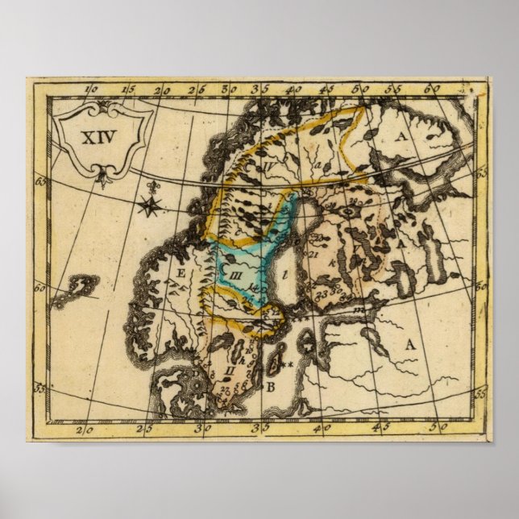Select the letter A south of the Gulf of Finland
pyautogui.click(x=409, y=344)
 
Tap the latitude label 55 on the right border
pyautogui.click(x=480, y=392)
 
